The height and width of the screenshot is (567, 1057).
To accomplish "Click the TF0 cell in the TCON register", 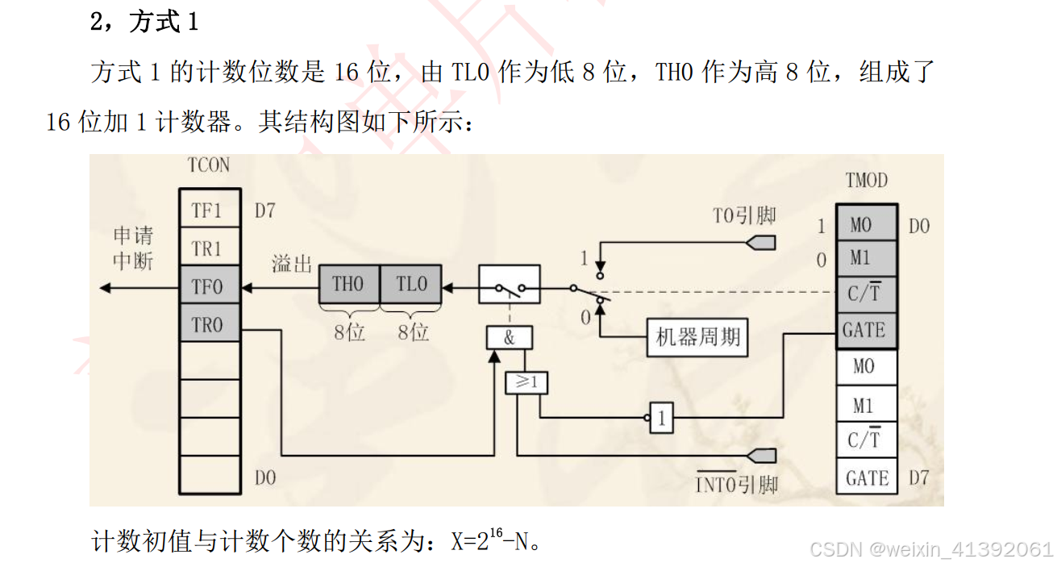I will tap(209, 286).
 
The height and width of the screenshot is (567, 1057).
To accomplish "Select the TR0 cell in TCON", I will tap(209, 324).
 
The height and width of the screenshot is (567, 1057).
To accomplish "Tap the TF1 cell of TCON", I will tap(209, 211).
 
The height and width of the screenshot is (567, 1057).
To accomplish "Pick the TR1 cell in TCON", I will tap(209, 249).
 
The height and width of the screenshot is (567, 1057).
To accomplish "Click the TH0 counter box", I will tap(348, 285).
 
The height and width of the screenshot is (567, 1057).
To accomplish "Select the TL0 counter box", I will tap(411, 285).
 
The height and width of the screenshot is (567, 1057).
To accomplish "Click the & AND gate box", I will tap(509, 338).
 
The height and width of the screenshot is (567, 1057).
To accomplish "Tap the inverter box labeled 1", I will tap(662, 419).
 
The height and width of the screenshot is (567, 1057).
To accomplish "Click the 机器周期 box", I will tap(697, 336).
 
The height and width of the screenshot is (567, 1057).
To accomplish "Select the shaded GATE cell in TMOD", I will tap(864, 330).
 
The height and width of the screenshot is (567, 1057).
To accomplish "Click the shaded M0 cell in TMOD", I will tap(863, 225).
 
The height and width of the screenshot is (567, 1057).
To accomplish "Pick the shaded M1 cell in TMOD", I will tap(863, 259).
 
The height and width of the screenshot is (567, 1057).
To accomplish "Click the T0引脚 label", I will tap(743, 215).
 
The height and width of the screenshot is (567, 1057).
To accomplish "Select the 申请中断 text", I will tap(133, 248).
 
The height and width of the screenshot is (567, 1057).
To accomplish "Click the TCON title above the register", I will tap(208, 165).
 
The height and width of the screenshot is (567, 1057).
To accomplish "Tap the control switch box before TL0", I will tap(510, 285).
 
